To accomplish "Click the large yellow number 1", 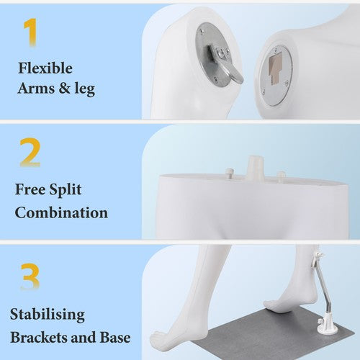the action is pos(31,32).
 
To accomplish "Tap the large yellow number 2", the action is pos(30,152).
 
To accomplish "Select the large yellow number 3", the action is pos(30,276).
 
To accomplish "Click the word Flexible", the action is pos(45,68).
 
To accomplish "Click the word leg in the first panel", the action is pos(85,89).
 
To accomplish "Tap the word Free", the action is pos(30,189).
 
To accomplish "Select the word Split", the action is pos(66,190).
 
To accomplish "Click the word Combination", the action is pos(61,212).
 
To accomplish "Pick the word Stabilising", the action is pos(48,315).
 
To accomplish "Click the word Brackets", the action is pos(39,337).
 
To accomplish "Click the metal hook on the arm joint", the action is pos(225,67).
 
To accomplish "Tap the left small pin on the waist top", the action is pos(229,174).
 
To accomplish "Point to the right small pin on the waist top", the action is pos(281,176).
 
